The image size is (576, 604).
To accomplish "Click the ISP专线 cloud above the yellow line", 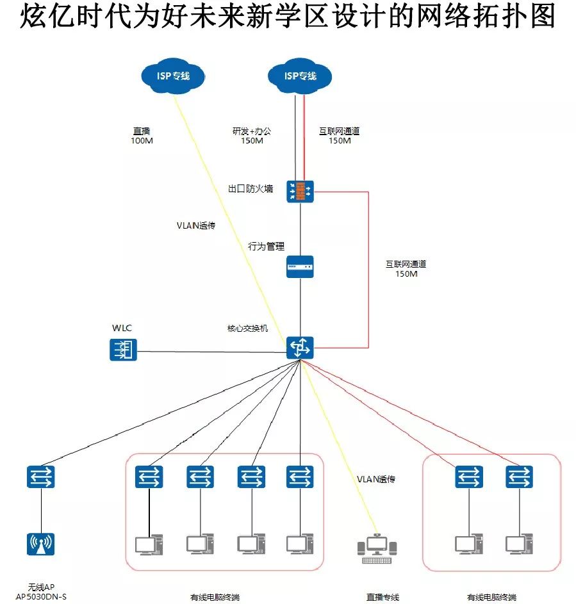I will pos(173,76).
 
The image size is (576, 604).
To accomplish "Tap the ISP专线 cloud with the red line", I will pos(300,76).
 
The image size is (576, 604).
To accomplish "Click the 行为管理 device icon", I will pos(300,265).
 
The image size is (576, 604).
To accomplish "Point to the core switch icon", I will pos(300,347).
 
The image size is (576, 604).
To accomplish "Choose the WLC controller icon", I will pos(123,350).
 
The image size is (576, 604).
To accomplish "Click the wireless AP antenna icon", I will pos(40,544).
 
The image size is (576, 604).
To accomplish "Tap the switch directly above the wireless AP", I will pos(40,477).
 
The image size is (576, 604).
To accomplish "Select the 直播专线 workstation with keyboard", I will pos(377,548).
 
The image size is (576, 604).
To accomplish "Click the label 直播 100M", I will pos(142,136).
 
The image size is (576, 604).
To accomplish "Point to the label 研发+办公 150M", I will pos(251,136).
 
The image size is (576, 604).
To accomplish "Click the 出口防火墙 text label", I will pos(251,189).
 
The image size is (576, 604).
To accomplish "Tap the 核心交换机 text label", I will pos(247,329).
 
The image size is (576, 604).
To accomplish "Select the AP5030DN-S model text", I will pos(41,597).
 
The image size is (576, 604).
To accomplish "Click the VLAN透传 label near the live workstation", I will pos(375,479).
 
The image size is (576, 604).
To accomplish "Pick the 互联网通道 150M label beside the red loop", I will pos(406,268).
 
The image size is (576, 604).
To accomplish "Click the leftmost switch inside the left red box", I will pos(149,477).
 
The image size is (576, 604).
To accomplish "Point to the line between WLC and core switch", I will pos(211,351).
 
